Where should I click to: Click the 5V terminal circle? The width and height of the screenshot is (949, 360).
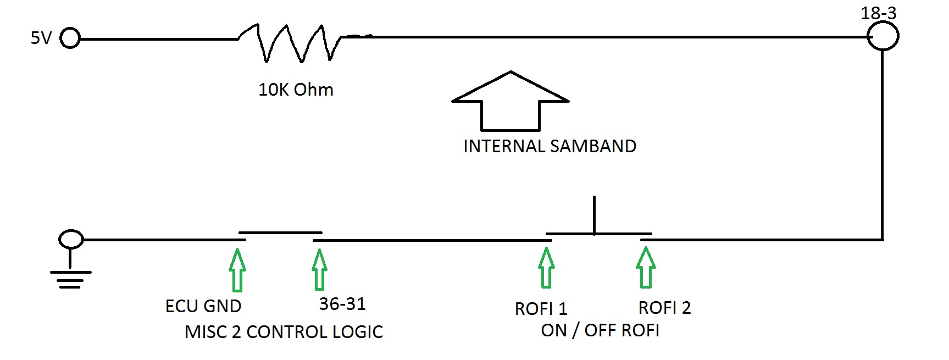click(x=70, y=39)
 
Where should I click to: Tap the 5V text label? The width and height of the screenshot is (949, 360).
click(x=41, y=38)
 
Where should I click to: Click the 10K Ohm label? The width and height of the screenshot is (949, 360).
click(x=296, y=90)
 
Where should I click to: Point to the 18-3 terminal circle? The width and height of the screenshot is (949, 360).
click(x=883, y=36)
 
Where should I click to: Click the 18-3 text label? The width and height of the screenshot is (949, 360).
click(x=878, y=13)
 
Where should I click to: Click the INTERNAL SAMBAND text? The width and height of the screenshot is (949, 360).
click(x=550, y=146)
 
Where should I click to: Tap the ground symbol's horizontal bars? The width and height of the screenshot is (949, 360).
click(x=70, y=279)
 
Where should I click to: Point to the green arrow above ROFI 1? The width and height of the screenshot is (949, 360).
click(x=546, y=268)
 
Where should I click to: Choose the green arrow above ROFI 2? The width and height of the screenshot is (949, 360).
click(x=646, y=268)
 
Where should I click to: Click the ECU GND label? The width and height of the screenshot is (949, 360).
click(x=203, y=306)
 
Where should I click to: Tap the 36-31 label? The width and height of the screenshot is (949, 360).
click(x=342, y=304)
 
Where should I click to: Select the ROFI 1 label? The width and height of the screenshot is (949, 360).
click(x=541, y=309)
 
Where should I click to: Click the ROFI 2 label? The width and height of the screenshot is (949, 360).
click(x=664, y=308)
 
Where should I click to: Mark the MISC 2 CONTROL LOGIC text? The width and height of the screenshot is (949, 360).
click(x=284, y=332)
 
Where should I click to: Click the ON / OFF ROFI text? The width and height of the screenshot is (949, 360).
click(x=600, y=330)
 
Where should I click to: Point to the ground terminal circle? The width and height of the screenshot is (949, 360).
click(x=71, y=240)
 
